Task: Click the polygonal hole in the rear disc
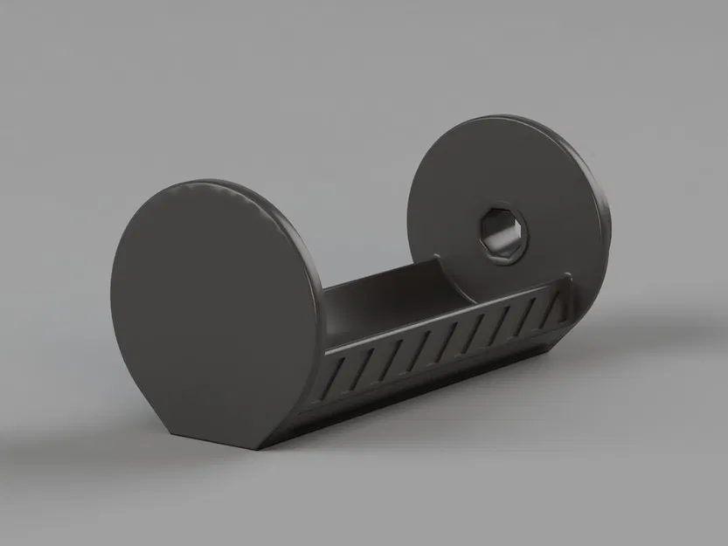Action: [x=503, y=233]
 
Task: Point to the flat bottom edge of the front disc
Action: [x=214, y=440]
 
